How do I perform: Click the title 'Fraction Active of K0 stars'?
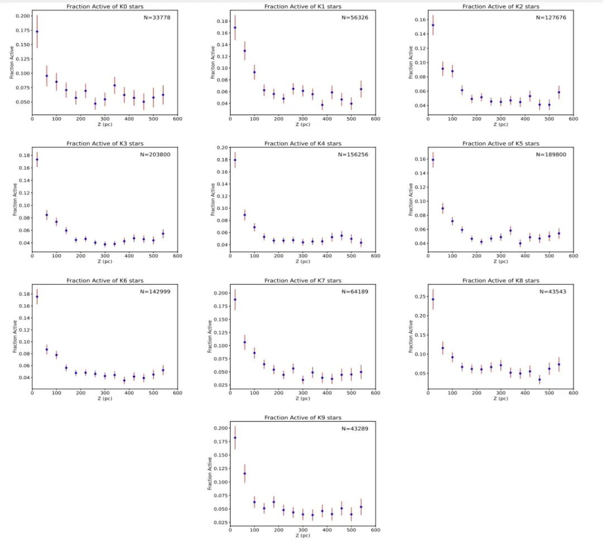point(104,7)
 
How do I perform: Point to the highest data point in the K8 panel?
point(433,299)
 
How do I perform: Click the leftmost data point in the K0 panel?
point(37,31)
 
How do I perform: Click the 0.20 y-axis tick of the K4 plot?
point(222,148)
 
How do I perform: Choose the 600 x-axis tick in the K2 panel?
point(573,118)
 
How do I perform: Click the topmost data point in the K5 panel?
point(433,160)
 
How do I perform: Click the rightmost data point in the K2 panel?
point(558,93)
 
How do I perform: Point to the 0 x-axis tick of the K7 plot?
point(230,392)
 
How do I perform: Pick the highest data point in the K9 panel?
point(234,438)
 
